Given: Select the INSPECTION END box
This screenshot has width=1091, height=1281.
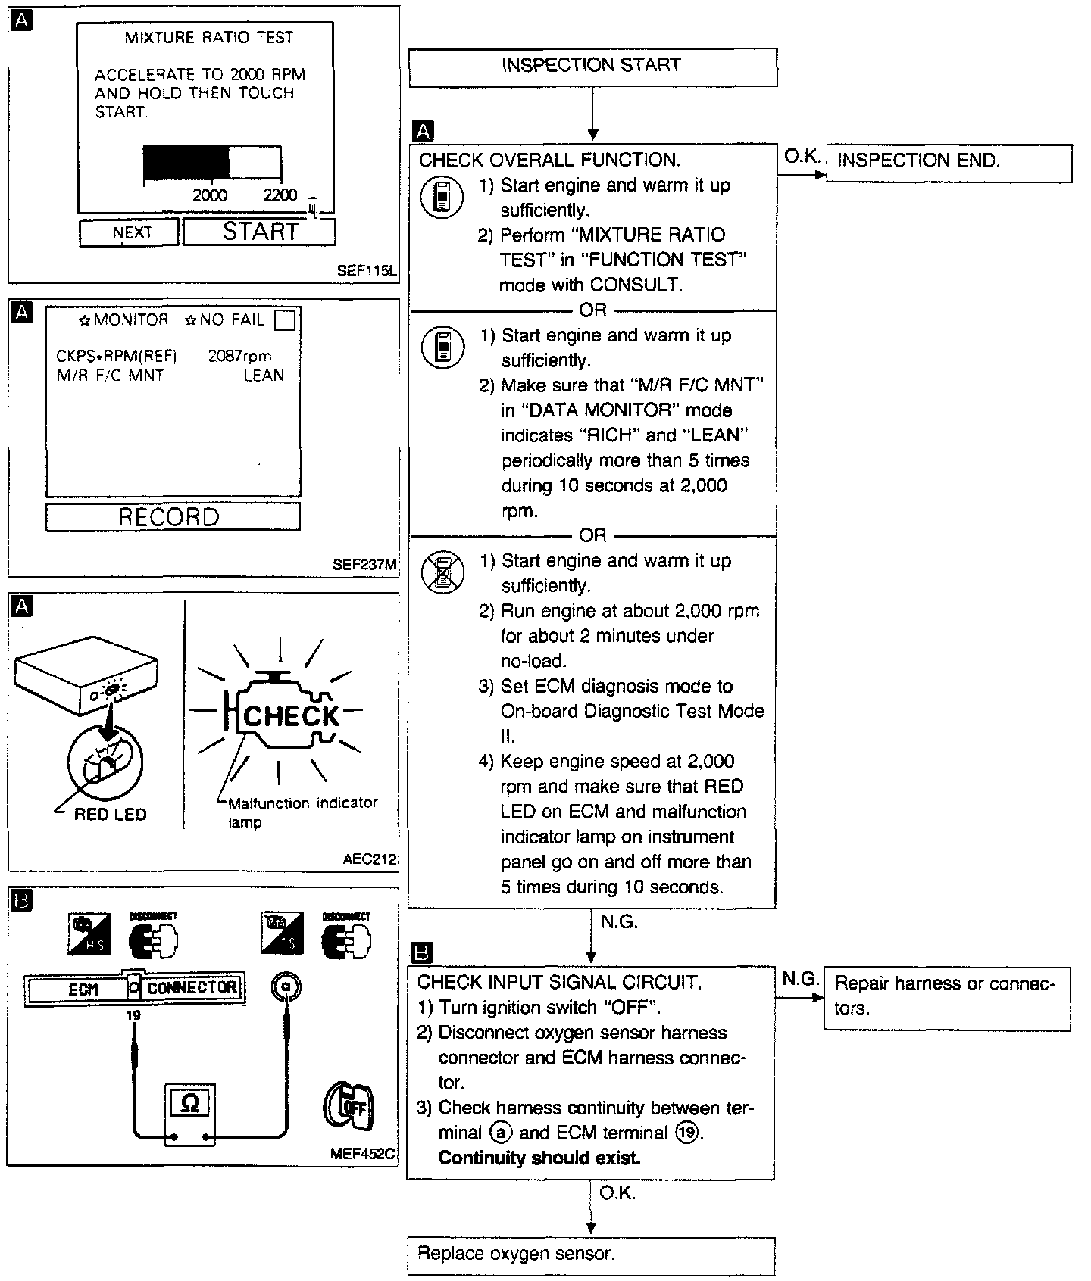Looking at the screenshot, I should (948, 163).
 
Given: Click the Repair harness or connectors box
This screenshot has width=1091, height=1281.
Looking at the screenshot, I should (946, 997).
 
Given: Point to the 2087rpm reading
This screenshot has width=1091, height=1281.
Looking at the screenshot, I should (239, 357).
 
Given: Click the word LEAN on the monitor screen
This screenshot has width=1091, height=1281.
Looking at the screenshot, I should (264, 376).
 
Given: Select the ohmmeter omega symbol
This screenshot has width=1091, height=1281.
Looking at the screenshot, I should (189, 1105).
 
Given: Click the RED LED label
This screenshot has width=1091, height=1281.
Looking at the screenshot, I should (111, 815).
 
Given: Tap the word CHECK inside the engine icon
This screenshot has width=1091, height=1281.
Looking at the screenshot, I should (292, 716).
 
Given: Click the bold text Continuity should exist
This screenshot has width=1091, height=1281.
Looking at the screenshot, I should (539, 1158).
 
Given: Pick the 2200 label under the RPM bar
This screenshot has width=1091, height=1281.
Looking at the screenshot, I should (280, 195).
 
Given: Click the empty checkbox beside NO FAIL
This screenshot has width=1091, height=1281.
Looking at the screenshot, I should (285, 320).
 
